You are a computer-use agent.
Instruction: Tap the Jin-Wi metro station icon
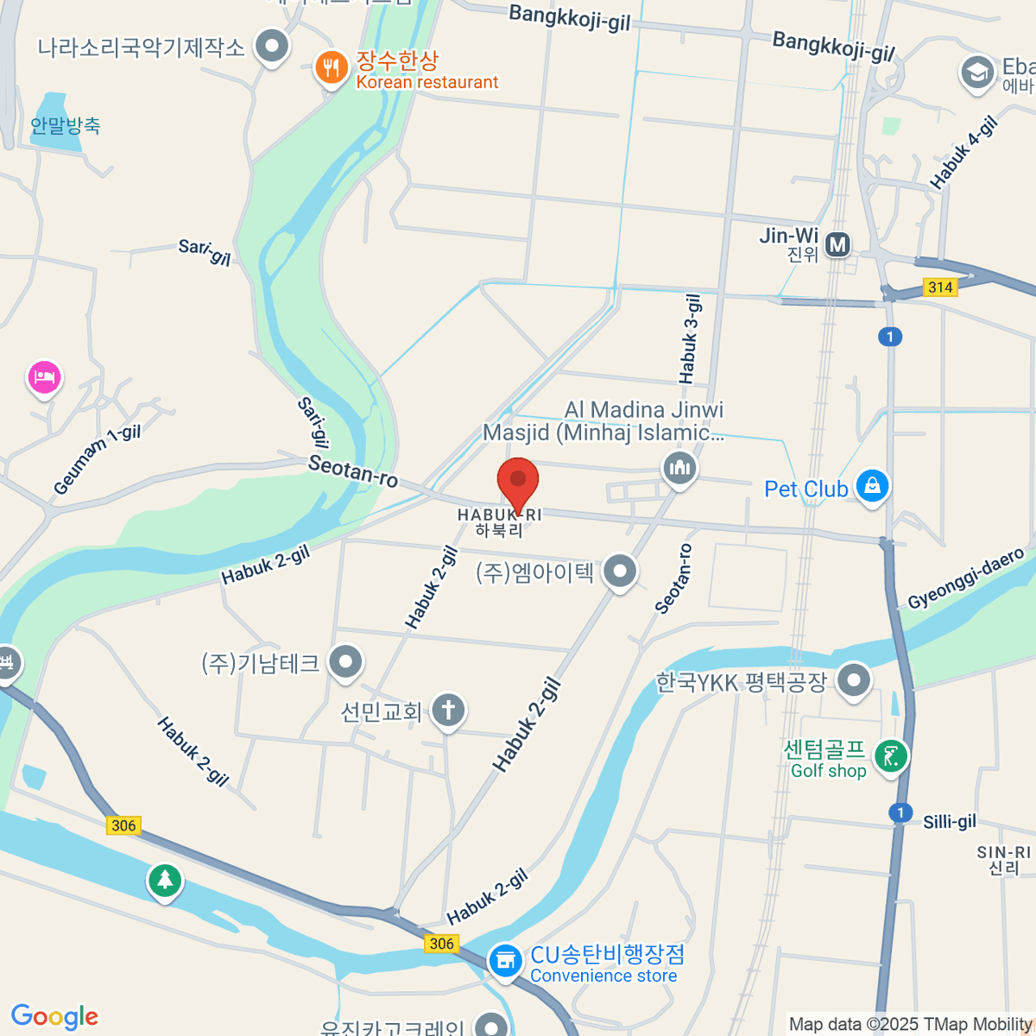[x=837, y=244]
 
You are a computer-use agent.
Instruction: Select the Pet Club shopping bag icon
[x=872, y=485]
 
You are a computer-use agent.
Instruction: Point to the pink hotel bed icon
[x=44, y=376]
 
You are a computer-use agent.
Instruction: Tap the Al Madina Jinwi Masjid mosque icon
[x=679, y=469]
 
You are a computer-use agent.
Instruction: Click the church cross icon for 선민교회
[x=447, y=711]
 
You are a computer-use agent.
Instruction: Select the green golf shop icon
[x=891, y=757]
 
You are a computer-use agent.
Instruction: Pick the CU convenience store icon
[x=505, y=960]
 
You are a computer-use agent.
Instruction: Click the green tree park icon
[x=164, y=881]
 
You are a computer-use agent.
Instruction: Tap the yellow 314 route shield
[x=939, y=287]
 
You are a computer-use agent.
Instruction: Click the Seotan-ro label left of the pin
[x=353, y=471]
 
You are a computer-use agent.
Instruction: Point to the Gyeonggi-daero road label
[x=966, y=578]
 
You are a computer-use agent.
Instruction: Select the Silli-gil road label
[x=950, y=821]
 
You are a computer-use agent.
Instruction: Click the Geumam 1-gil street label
[x=97, y=460]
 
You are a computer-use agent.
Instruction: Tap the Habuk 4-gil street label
[x=963, y=152]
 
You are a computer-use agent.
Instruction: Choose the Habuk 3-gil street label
[x=690, y=338]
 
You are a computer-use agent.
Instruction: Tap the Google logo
[x=55, y=1016]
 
